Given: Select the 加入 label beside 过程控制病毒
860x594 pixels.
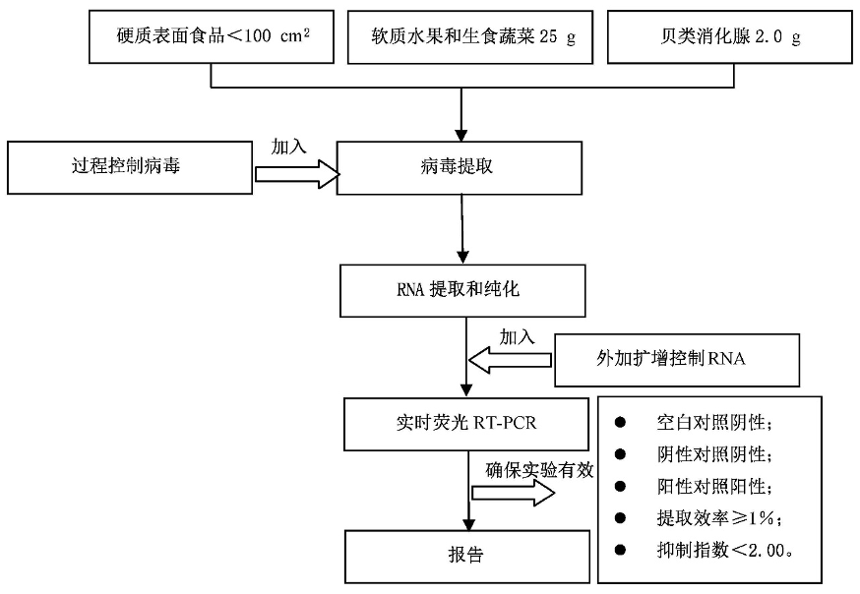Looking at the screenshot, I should point(290,147).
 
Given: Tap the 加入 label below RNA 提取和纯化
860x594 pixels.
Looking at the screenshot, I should point(518,336).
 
